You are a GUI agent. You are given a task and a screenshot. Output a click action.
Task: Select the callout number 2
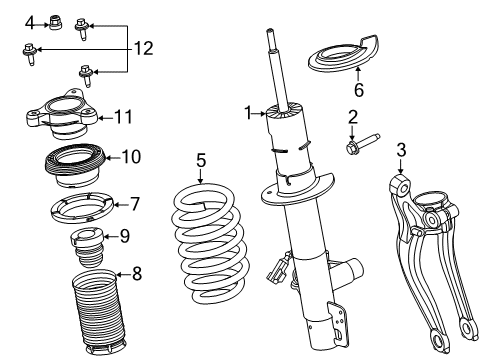click(352, 117)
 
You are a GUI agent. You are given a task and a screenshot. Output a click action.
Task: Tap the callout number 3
click(400, 151)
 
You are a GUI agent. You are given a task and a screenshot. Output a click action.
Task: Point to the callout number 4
click(30, 21)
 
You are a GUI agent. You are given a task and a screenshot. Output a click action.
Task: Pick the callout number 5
click(200, 158)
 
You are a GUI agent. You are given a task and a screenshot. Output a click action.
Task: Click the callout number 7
click(135, 203)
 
